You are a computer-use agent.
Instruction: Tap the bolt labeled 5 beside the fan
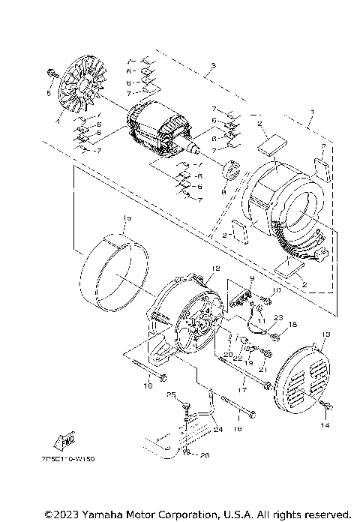point(50,73)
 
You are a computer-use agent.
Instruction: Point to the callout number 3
point(214,67)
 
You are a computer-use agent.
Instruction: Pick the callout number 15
point(127,217)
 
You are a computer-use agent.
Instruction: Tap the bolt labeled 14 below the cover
point(328,405)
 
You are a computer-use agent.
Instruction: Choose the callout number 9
point(253,277)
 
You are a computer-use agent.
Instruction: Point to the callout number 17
point(241,390)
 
